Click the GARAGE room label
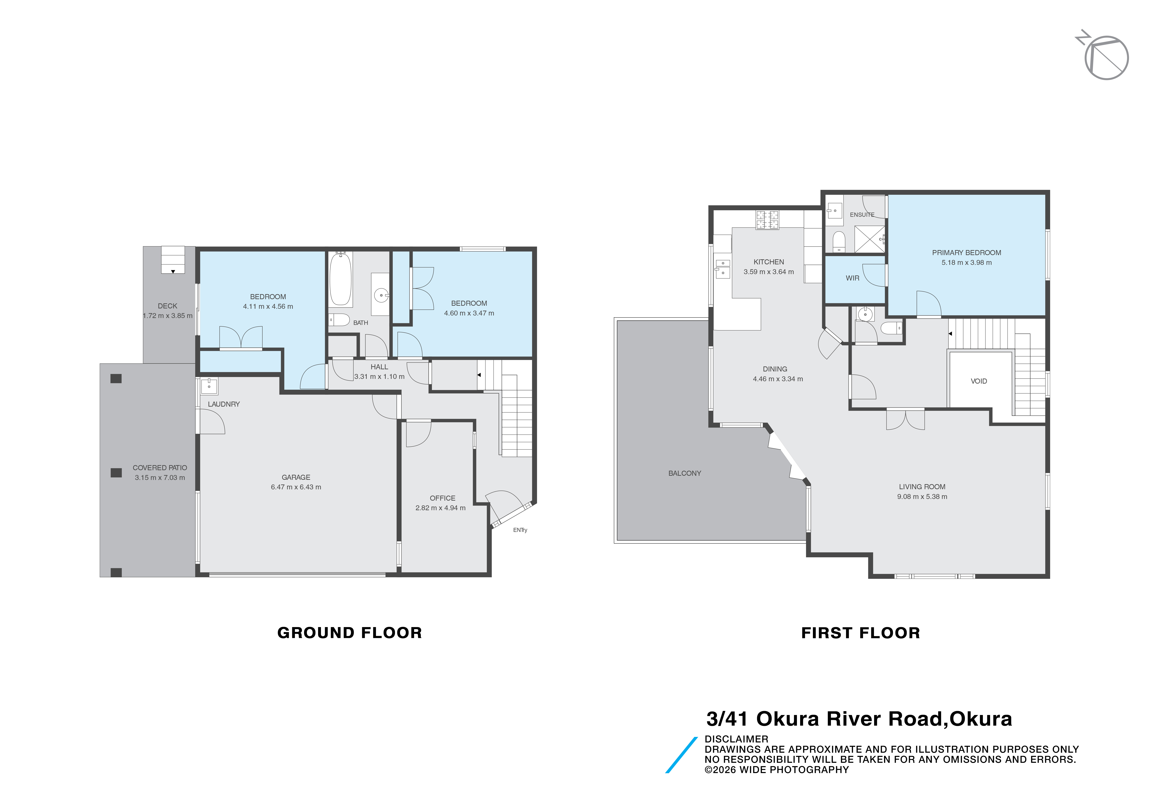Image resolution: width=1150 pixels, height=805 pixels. [296, 477]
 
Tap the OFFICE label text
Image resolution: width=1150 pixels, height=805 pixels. [442, 498]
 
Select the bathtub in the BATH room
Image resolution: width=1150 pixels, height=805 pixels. [341, 278]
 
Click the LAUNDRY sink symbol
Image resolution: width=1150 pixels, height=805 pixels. [209, 386]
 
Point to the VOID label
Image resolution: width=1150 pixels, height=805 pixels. [979, 381]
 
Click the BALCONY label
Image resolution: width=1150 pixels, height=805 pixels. [685, 473]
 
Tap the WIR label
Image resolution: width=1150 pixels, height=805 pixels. [852, 278]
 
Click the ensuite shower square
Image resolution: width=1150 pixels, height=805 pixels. [870, 239]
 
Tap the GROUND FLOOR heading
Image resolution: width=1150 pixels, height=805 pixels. [350, 633]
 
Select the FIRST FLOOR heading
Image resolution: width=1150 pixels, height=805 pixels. [860, 633]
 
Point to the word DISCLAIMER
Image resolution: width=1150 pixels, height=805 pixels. [736, 739]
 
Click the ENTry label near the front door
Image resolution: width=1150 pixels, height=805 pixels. [520, 530]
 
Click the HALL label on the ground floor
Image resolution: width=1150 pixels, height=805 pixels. [379, 367]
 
